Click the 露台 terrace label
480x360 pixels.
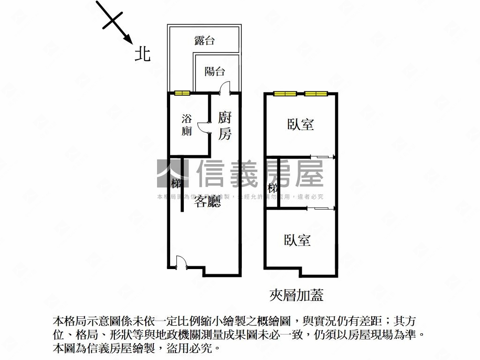pyautogui.click(x=204, y=40)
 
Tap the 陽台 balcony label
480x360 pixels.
pyautogui.click(x=215, y=71)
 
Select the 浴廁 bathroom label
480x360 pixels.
pyautogui.click(x=187, y=125)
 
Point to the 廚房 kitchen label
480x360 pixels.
pyautogui.click(x=225, y=125)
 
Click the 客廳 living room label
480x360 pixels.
pyautogui.click(x=208, y=202)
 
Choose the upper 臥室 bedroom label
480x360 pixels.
pyautogui.click(x=300, y=124)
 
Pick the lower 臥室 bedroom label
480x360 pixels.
pyautogui.click(x=297, y=240)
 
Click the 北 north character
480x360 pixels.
pyautogui.click(x=142, y=54)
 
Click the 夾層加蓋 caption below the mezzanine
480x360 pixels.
pyautogui.click(x=297, y=295)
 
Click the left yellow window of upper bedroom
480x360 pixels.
pyautogui.click(x=285, y=94)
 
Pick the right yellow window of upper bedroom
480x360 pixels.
pyautogui.click(x=315, y=94)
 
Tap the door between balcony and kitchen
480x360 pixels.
pyautogui.click(x=225, y=89)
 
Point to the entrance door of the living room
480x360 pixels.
pyautogui.click(x=180, y=262)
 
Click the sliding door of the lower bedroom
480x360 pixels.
pyautogui.click(x=321, y=208)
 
